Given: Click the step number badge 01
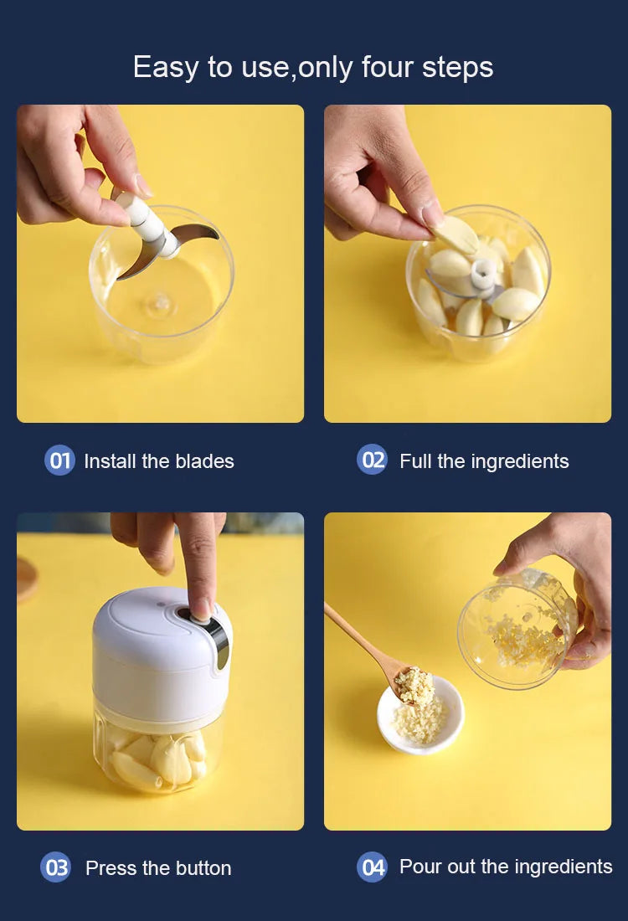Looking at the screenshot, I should coord(59,460).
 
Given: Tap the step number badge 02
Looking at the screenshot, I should coord(373,460).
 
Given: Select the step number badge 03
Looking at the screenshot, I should coord(56,867).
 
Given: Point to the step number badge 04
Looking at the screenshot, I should coord(373,867).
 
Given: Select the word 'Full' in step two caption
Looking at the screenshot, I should coord(414,461).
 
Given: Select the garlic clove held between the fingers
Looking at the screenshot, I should coord(456,234).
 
